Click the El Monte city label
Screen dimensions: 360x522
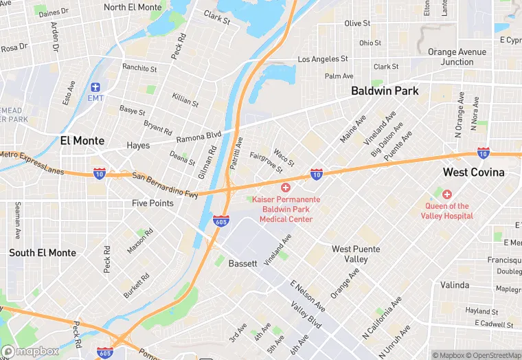82,141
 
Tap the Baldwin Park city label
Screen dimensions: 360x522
385,91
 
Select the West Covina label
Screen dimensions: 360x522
473,172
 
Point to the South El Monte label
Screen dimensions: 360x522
43,253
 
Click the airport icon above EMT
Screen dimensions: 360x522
95,87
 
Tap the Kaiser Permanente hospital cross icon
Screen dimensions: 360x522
286,188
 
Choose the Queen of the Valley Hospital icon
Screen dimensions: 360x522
447,194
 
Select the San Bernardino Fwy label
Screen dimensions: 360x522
165,185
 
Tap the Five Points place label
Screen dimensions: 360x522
152,203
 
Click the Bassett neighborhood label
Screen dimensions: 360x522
242,263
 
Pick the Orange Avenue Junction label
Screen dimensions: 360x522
457,57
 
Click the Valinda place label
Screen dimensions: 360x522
455,285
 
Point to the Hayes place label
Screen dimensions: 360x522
138,146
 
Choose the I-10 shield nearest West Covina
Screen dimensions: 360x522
484,153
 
